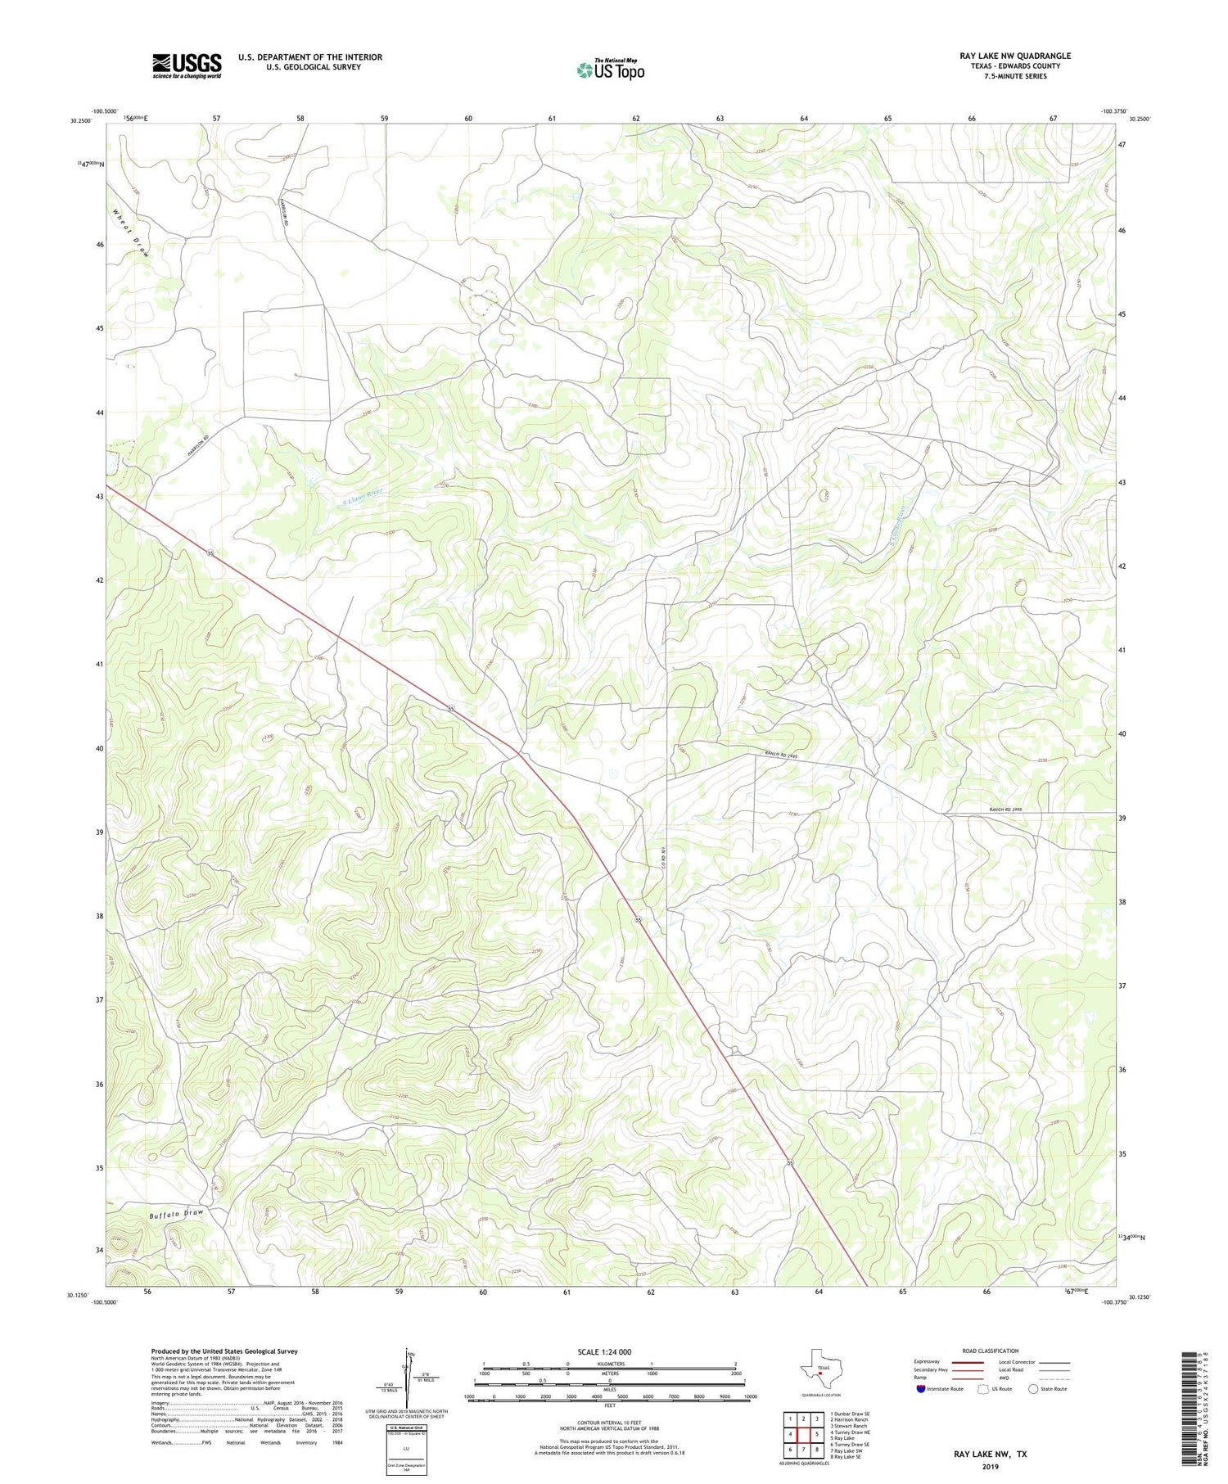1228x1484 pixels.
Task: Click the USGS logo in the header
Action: coord(186,65)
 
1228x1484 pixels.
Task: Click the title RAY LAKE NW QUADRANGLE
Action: coord(1014,56)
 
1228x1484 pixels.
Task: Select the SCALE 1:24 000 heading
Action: coord(604,1351)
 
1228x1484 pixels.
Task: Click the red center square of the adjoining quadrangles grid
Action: coord(804,1434)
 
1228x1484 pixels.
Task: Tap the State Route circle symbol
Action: coord(1033,1389)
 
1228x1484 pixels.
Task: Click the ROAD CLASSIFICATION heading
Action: coord(990,1351)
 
